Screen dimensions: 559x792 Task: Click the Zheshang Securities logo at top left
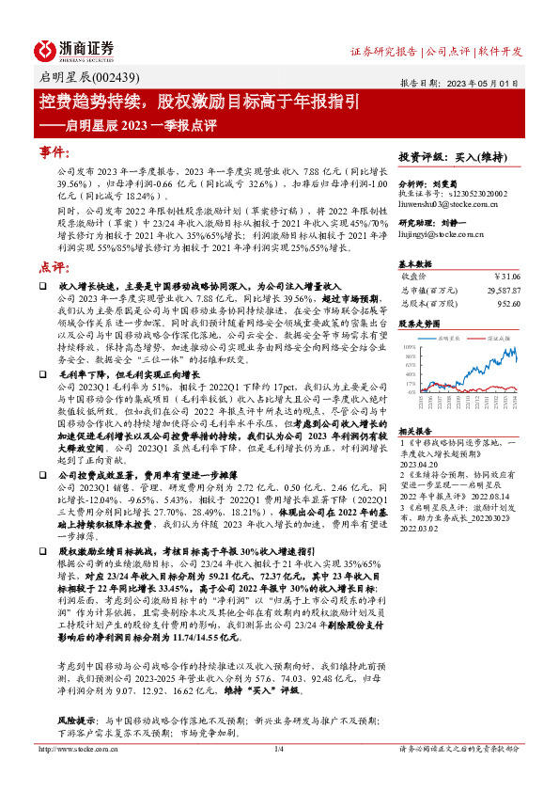(74, 50)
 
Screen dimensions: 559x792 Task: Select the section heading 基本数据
(418, 262)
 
